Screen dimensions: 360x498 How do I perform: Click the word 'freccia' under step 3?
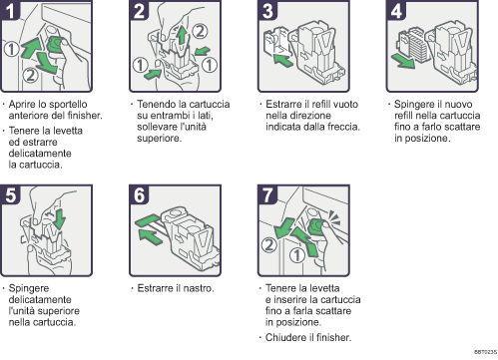[331, 127]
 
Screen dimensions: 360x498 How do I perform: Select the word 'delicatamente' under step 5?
[43, 298]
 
